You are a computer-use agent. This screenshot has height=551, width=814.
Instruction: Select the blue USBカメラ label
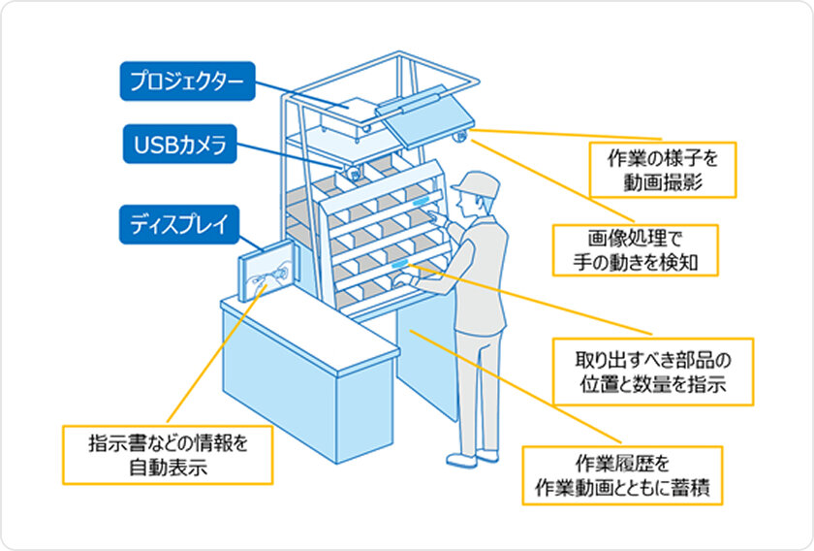[x=180, y=146]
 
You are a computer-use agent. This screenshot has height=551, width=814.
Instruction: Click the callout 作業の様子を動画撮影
[x=664, y=169]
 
